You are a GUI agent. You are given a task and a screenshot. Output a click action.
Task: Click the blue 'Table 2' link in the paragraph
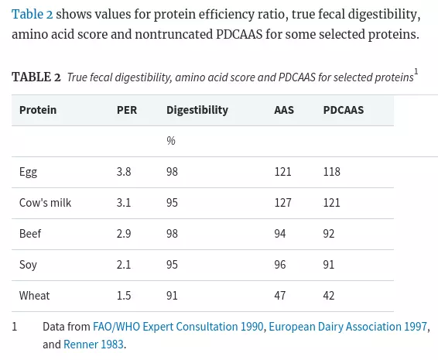click(x=33, y=14)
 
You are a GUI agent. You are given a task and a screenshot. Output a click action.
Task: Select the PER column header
click(x=127, y=110)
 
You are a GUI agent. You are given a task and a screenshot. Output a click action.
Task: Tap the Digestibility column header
click(x=197, y=111)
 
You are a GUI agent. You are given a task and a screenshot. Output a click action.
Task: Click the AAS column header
click(x=284, y=110)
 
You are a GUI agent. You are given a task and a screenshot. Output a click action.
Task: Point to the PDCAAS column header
click(x=344, y=110)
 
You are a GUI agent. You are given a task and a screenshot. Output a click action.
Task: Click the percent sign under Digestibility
click(x=171, y=141)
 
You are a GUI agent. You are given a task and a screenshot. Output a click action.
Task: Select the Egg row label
click(x=28, y=172)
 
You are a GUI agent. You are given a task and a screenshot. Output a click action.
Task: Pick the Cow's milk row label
click(x=45, y=203)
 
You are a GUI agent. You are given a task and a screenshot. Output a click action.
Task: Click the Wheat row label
click(x=34, y=296)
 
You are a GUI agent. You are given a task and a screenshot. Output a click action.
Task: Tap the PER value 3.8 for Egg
click(x=124, y=172)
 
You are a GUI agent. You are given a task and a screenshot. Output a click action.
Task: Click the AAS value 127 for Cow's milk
click(x=282, y=203)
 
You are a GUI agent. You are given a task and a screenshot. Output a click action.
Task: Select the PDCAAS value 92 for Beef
click(x=329, y=234)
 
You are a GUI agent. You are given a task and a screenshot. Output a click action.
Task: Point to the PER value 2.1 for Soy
click(x=124, y=265)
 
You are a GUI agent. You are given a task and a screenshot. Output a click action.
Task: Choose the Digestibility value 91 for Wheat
click(x=172, y=296)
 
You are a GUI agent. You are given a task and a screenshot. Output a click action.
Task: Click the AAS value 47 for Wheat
click(x=280, y=296)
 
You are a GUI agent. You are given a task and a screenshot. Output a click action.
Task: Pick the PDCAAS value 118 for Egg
click(x=331, y=172)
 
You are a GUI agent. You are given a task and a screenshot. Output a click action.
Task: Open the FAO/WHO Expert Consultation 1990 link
click(x=178, y=327)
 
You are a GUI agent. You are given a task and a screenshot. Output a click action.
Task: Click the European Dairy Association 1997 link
click(x=347, y=327)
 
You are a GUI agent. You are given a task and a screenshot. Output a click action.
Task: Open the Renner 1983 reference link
click(x=94, y=345)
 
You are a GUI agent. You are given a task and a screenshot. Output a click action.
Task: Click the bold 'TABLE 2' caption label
click(x=36, y=77)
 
